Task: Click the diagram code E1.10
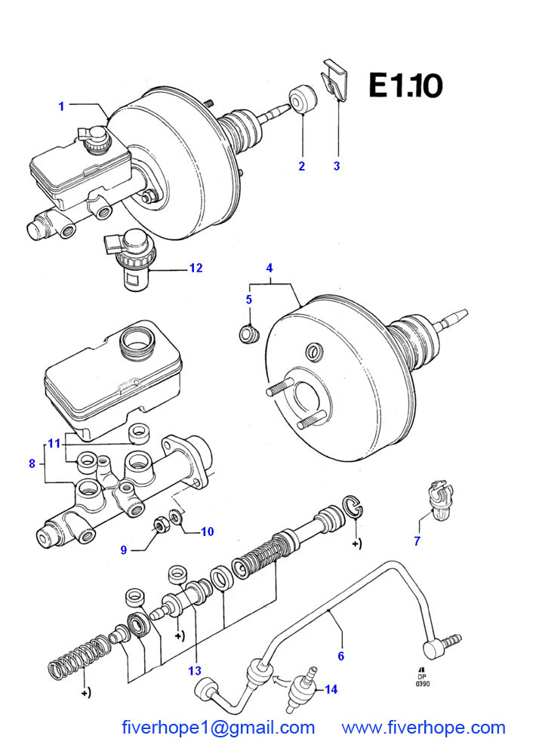405,85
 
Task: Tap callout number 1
61,106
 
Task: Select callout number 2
302,166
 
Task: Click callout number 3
337,166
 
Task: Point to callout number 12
196,268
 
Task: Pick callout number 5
249,300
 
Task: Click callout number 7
417,541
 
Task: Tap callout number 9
124,549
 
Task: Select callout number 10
208,531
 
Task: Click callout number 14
331,690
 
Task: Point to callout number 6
340,657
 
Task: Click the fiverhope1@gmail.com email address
218,728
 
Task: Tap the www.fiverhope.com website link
424,728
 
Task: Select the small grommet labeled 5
249,334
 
